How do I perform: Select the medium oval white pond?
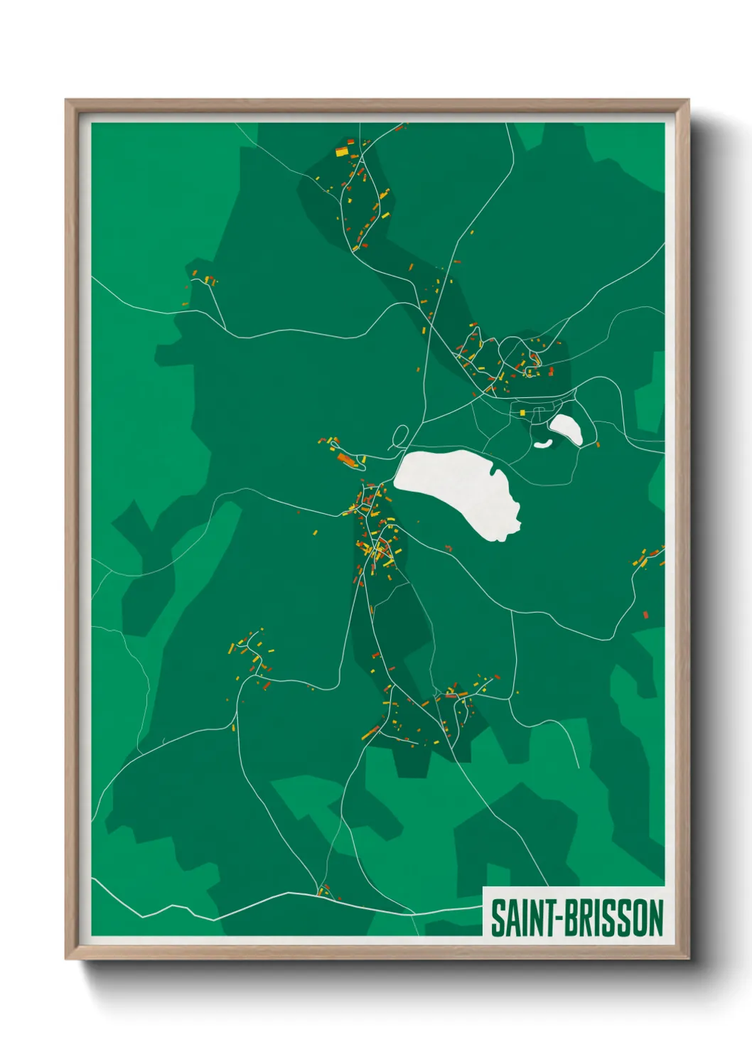click(x=566, y=429)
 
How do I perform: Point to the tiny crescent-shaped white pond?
click(x=543, y=444)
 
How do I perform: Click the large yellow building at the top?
click(x=342, y=151)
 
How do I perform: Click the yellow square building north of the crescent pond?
click(x=522, y=412)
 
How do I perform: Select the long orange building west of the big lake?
click(x=347, y=460)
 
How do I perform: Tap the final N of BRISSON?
click(x=655, y=918)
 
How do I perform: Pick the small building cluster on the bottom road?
click(x=323, y=890)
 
